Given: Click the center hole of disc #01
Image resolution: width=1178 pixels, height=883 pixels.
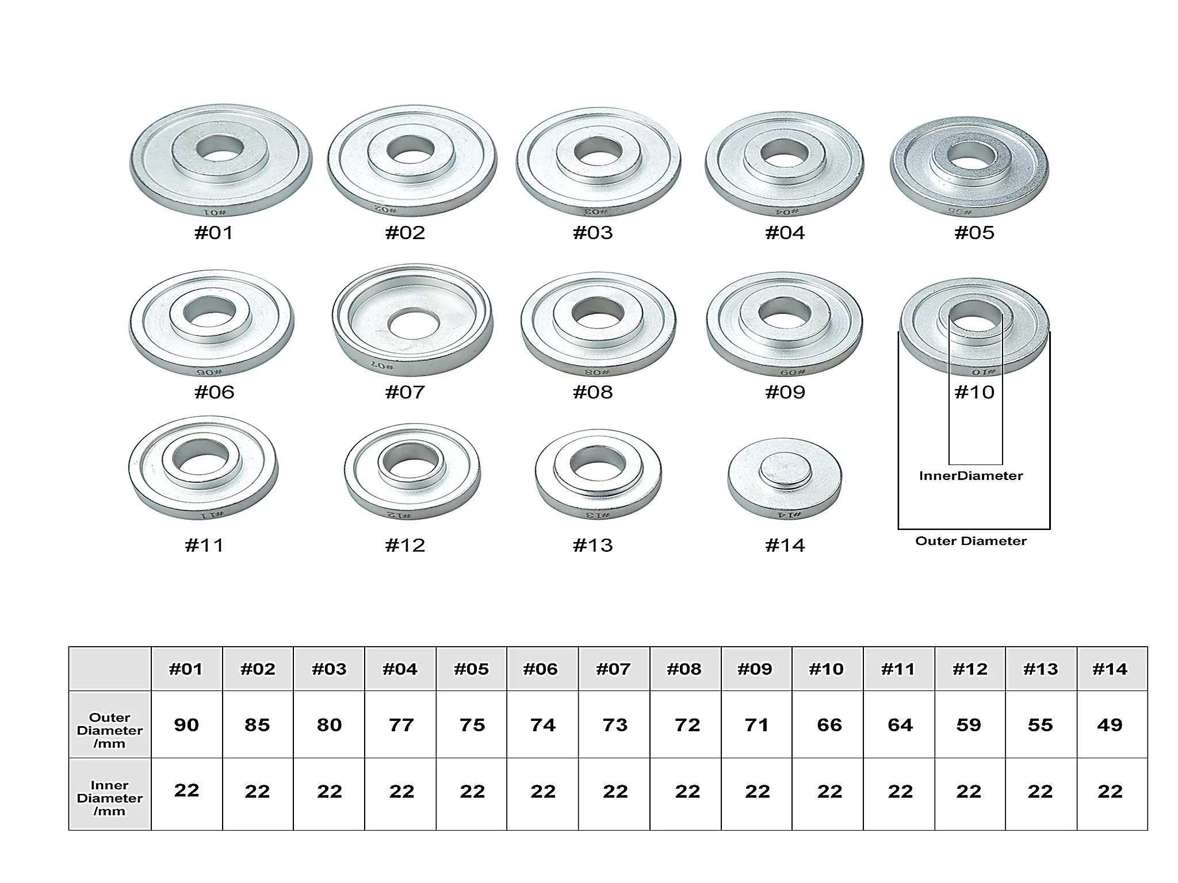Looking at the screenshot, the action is point(220,148).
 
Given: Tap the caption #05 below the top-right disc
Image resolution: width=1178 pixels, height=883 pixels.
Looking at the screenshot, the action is point(974,233).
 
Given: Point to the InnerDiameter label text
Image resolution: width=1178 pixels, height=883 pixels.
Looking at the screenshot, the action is point(971,476).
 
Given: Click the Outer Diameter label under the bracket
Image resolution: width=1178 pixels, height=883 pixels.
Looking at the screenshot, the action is point(971,541).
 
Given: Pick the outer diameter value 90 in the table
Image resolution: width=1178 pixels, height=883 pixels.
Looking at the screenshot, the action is point(186,725).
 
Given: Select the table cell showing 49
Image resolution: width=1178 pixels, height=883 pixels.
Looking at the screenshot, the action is point(1110,725).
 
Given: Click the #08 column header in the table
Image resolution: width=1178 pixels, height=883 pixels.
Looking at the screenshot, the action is point(684,669).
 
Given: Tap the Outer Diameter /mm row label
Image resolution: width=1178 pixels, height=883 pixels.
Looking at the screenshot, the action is point(110,731).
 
